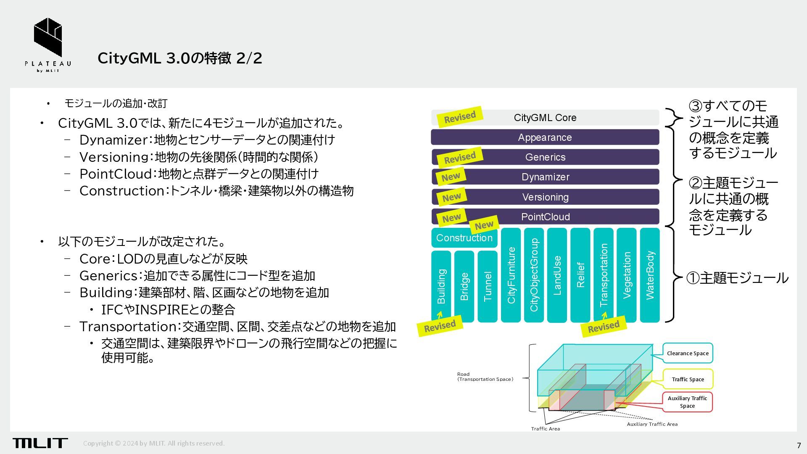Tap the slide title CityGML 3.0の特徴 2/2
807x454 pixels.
coord(179,58)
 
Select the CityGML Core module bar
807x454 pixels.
coord(545,118)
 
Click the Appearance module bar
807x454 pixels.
coord(545,137)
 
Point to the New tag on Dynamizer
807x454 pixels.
coord(451,177)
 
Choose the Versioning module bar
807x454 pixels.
coord(545,197)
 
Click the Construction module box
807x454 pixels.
coord(464,238)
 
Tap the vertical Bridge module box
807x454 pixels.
coord(464,286)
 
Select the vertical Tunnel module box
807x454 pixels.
coord(488,286)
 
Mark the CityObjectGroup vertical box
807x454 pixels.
coord(534,275)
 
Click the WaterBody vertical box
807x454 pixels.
coord(649,275)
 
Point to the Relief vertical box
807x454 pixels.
coord(580,275)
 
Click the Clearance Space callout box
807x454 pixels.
coord(688,353)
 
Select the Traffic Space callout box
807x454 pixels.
coord(688,379)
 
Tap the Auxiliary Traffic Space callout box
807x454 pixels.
coord(687,402)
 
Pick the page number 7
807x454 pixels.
coord(799,446)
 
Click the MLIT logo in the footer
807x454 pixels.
coord(40,443)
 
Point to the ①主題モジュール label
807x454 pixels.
coord(737,278)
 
